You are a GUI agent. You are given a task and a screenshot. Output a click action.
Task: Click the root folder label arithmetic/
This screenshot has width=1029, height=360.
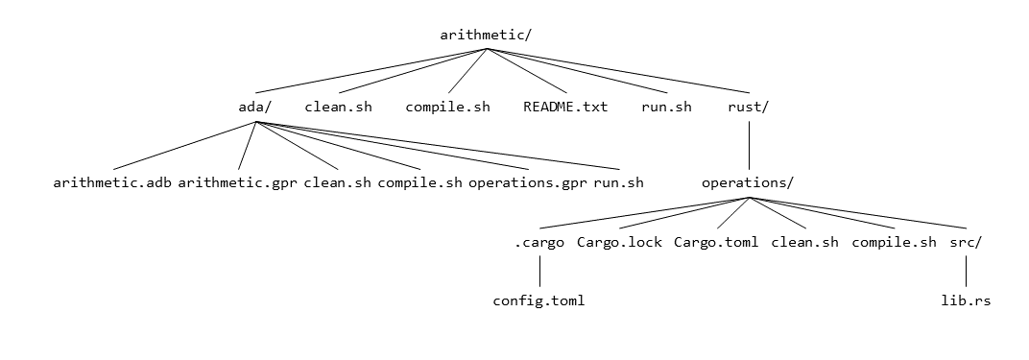tap(486, 35)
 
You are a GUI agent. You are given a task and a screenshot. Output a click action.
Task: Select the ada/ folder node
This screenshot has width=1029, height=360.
tap(254, 107)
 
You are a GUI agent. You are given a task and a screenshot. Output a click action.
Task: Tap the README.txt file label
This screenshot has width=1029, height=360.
tap(565, 107)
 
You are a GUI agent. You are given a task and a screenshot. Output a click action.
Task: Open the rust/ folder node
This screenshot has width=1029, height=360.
tap(748, 107)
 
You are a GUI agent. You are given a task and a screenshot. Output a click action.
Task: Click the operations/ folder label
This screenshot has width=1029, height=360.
tap(748, 182)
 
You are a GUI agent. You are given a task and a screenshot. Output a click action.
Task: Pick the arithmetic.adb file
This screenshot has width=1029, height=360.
tap(112, 182)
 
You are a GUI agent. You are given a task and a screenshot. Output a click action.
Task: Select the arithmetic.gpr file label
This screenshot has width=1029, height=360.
tap(238, 182)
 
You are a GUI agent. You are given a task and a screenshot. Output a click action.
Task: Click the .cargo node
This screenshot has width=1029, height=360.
tap(539, 242)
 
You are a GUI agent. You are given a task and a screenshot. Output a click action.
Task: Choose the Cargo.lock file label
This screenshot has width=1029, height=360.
tap(619, 242)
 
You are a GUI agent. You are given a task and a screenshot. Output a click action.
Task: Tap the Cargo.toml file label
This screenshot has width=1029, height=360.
tap(716, 242)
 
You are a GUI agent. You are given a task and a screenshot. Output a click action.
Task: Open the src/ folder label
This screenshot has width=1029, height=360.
tap(966, 242)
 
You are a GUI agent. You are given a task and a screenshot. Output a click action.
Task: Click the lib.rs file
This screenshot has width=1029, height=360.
tap(966, 300)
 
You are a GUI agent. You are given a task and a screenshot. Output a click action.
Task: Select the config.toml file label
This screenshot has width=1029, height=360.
tap(539, 300)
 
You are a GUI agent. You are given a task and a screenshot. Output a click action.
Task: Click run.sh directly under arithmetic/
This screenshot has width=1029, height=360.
tap(666, 107)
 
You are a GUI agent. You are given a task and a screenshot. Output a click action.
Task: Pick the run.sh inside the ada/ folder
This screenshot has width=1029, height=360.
tap(618, 182)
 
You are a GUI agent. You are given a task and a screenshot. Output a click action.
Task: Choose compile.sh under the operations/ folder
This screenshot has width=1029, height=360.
tap(894, 242)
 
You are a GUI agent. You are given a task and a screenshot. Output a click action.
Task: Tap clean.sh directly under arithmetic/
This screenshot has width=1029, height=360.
tap(338, 107)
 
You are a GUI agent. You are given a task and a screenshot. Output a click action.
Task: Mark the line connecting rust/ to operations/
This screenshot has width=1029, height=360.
tap(748, 144)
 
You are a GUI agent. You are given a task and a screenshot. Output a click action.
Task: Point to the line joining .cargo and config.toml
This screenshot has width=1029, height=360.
tap(539, 271)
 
